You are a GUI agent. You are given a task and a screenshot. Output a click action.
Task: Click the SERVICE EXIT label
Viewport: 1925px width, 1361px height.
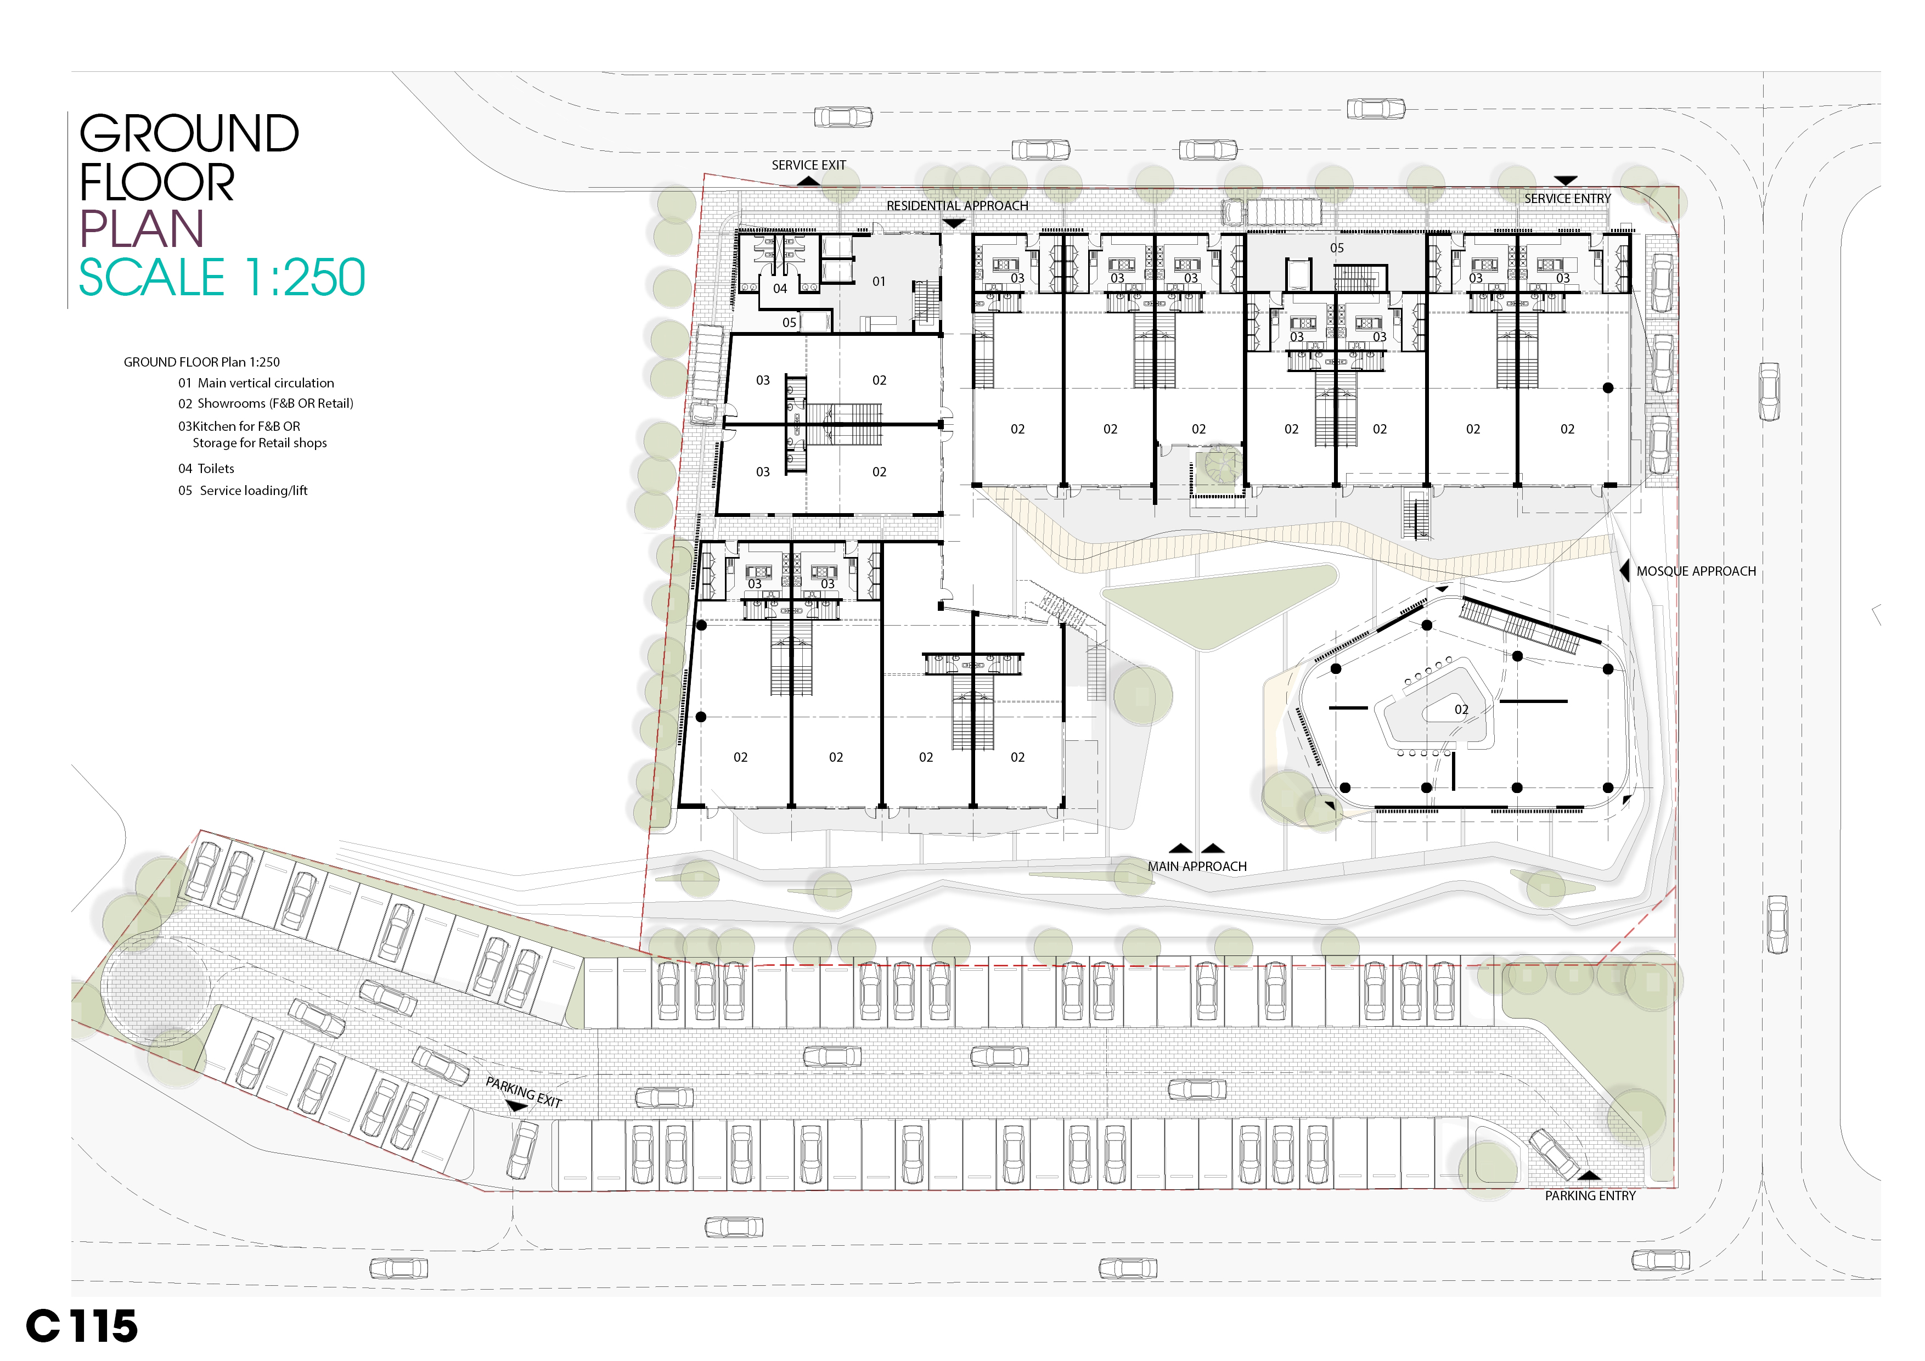[x=808, y=165]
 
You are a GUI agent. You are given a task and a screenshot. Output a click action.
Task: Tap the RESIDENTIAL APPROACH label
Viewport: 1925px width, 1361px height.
[x=956, y=205]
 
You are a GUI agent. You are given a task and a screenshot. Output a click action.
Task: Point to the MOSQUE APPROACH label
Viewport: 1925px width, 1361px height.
[x=1695, y=571]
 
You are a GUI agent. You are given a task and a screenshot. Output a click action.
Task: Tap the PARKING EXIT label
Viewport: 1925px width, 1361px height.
[x=524, y=1093]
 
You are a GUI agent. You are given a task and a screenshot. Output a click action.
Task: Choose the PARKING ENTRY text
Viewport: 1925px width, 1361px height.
[x=1590, y=1196]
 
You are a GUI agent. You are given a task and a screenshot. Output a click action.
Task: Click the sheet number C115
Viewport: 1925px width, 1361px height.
[x=82, y=1326]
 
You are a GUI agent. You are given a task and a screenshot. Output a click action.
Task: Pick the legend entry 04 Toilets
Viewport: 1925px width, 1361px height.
[x=206, y=469]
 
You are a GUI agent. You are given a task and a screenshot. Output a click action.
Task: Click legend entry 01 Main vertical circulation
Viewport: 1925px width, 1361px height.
[x=256, y=383]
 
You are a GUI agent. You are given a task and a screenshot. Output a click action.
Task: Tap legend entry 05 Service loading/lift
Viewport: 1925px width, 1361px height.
[x=243, y=491]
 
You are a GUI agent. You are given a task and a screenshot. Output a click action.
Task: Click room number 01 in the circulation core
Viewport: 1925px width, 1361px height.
[x=879, y=282]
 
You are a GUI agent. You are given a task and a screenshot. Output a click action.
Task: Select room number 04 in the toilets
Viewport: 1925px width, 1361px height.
[x=780, y=289]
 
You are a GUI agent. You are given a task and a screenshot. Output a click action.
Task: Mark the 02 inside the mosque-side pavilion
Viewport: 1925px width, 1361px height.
[x=1461, y=710]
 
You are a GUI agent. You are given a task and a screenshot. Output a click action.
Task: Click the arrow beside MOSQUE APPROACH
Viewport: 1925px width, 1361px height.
[x=1624, y=571]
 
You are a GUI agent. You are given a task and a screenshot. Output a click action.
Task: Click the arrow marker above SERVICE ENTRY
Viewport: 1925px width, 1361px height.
[x=1566, y=181]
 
